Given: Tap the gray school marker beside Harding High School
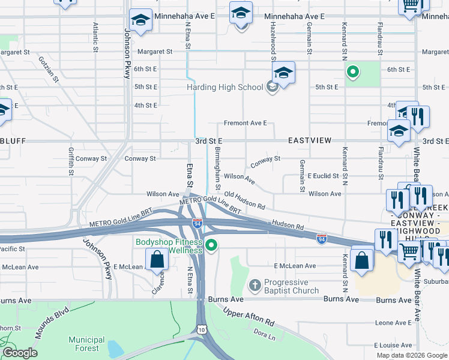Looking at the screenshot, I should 272,88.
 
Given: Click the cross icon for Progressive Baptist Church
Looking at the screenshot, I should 255,283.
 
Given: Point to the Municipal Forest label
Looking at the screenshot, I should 86,343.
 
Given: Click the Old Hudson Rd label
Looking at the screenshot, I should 244,199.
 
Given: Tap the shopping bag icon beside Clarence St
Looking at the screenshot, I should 157,260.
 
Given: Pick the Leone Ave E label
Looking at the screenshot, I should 393,322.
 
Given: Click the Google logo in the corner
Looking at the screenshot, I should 20,353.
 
